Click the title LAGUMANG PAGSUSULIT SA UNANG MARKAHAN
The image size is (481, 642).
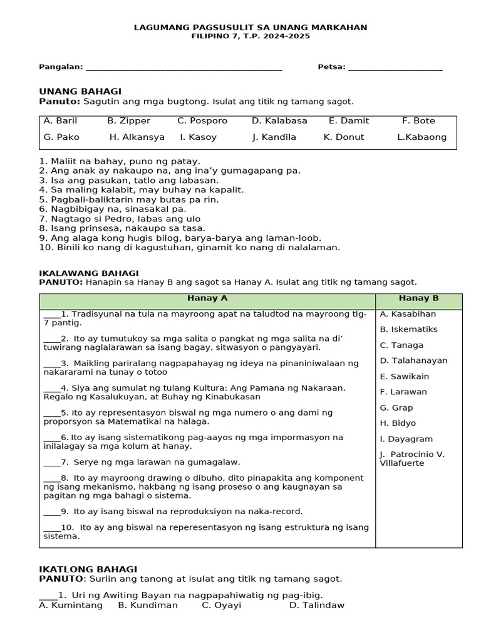[x=251, y=28]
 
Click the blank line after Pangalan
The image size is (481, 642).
[x=184, y=68]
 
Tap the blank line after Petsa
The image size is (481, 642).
[x=395, y=68]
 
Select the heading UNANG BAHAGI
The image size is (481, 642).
[x=80, y=92]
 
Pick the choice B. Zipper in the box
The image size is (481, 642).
[x=128, y=120]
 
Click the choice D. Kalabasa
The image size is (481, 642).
[x=279, y=120]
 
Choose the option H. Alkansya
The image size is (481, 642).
[x=137, y=137]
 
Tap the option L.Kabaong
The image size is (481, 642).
[x=422, y=137]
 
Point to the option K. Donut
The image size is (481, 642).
[x=343, y=137]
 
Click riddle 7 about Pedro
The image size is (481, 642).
[x=120, y=218]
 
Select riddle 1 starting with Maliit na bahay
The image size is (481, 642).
[x=120, y=161]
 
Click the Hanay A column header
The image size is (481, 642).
[x=207, y=298]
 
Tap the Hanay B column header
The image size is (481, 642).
[x=418, y=298]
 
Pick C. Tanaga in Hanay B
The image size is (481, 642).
[x=401, y=345]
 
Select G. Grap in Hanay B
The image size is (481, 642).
[x=396, y=408]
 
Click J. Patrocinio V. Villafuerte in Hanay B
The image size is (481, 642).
[x=411, y=458]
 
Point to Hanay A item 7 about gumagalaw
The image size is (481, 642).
[x=142, y=462]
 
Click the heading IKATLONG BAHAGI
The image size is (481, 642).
[x=88, y=569]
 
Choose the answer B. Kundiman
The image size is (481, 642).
[x=148, y=605]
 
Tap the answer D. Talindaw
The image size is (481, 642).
[x=316, y=605]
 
